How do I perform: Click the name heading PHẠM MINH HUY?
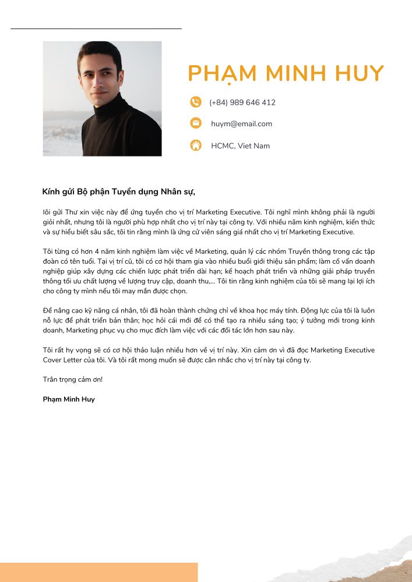point(286,74)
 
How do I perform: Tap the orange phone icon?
point(196,102)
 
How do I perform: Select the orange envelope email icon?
point(196,123)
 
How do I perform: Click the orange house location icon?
point(196,145)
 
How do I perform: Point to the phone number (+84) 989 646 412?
point(242,102)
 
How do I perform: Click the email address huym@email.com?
point(241,123)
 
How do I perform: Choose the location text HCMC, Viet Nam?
point(240,145)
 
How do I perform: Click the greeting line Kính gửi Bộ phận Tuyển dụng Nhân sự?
point(119,191)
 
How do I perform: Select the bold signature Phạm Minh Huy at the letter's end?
point(69,399)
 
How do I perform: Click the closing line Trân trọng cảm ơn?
point(73,379)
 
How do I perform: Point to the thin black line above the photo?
point(96,28)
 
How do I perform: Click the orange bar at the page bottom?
point(98,572)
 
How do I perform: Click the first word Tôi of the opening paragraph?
point(47,211)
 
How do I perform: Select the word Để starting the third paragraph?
point(48,310)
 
